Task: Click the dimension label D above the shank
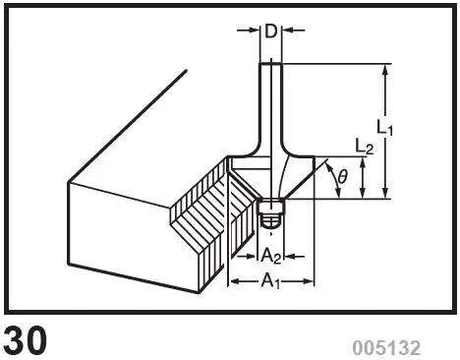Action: click(270, 30)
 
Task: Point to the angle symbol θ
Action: click(342, 177)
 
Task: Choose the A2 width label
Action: click(273, 255)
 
